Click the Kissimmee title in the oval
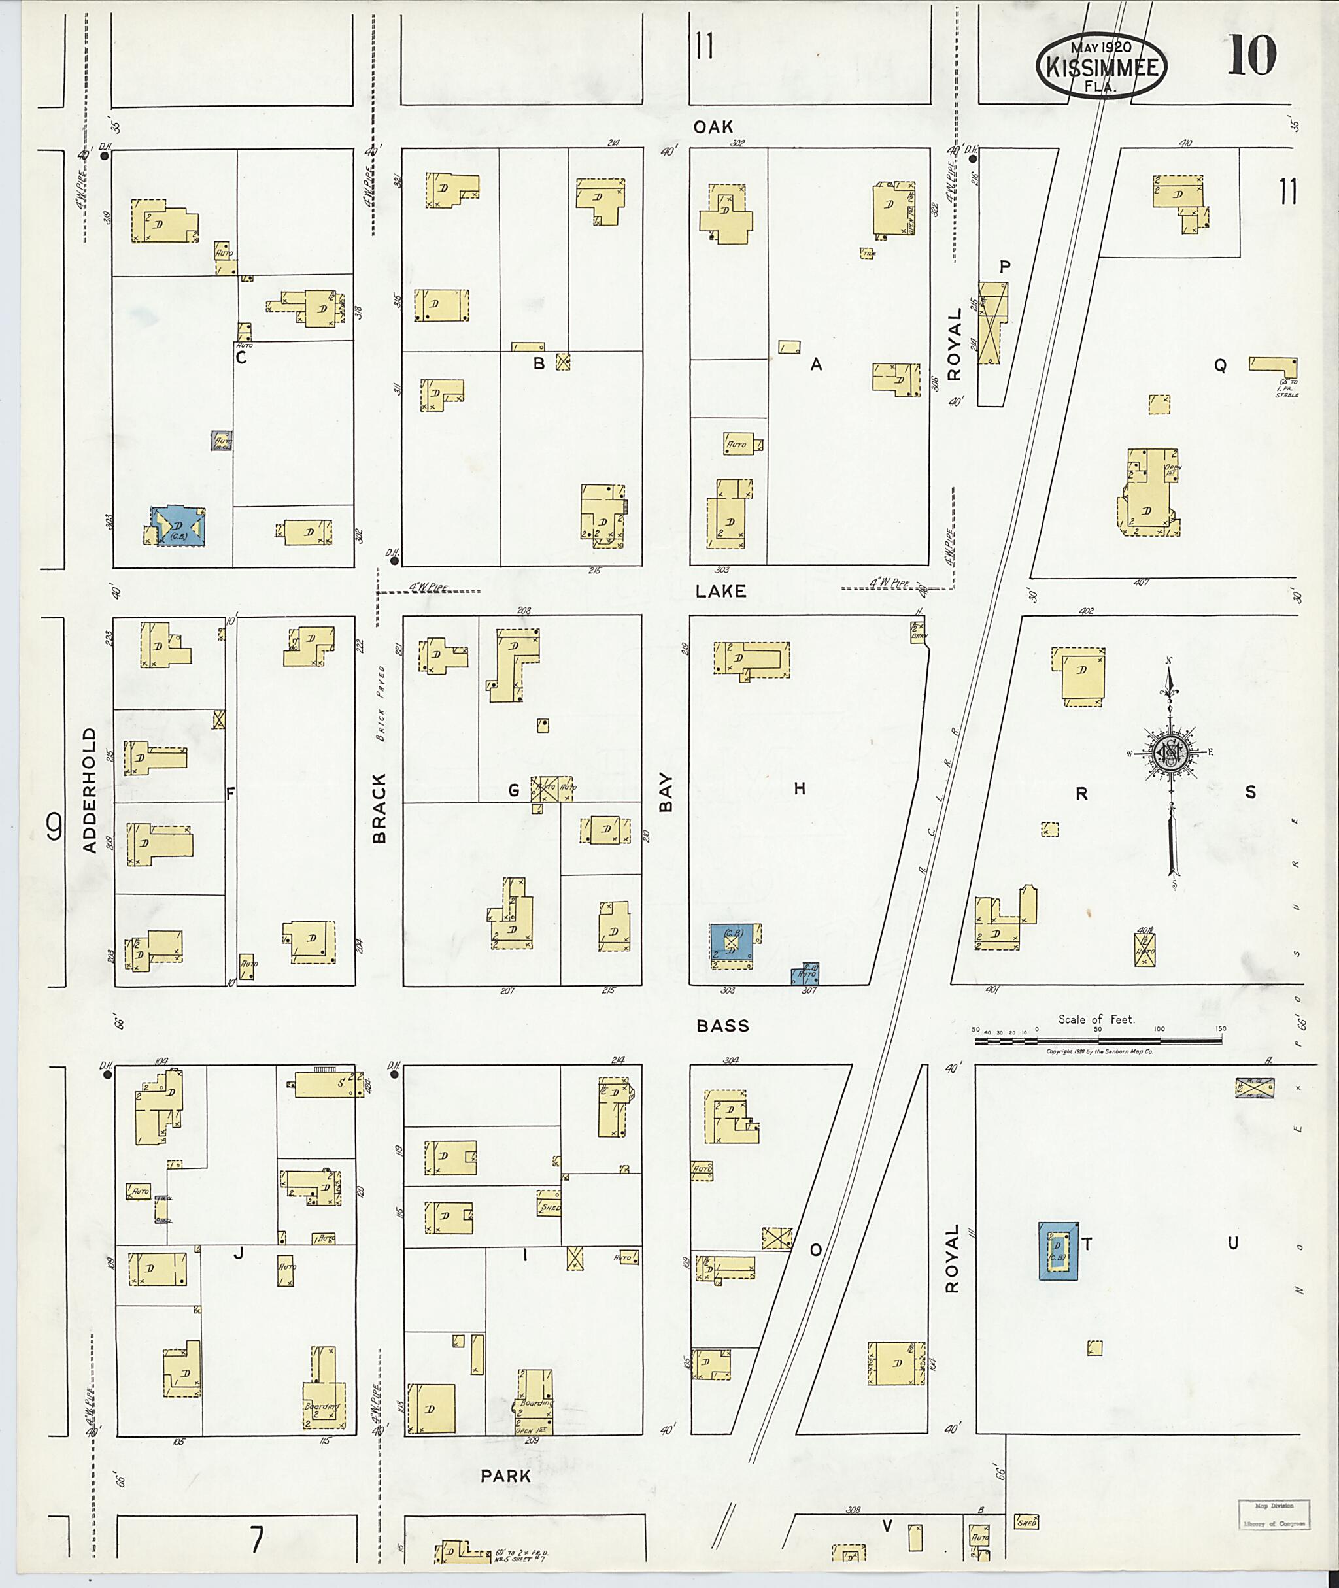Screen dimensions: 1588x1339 point(1102,67)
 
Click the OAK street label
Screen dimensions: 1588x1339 point(713,127)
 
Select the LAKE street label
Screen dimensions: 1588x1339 point(720,590)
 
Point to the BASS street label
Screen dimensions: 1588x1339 point(722,1026)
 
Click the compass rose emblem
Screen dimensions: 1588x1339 point(1170,753)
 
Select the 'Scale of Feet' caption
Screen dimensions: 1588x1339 point(1096,1019)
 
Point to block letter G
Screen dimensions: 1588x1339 point(514,791)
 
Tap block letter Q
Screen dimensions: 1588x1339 point(1220,365)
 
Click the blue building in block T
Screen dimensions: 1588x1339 point(1057,1249)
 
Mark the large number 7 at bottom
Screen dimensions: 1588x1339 point(256,1540)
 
